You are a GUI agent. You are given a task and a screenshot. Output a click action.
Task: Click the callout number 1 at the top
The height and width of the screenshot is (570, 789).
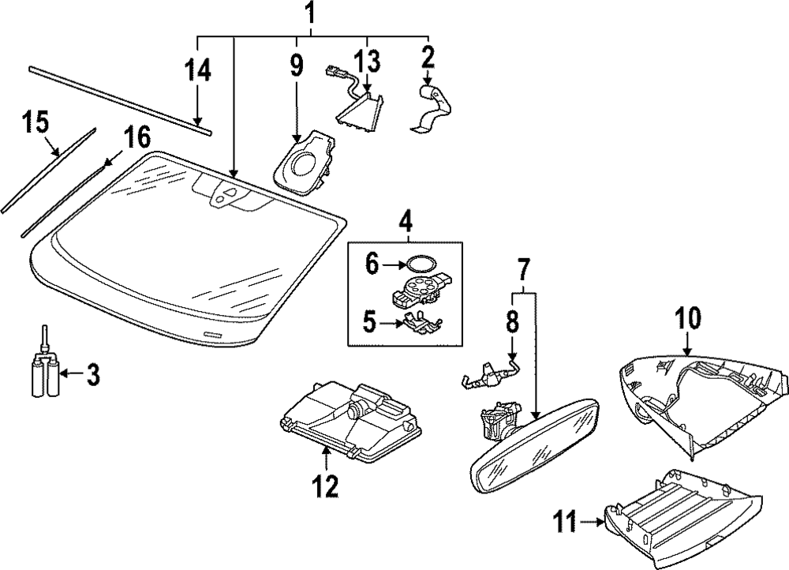[311, 13]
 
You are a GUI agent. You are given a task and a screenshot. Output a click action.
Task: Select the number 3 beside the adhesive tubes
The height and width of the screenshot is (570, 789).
[93, 375]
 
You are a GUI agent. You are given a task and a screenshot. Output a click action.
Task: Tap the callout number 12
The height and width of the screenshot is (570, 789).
[326, 486]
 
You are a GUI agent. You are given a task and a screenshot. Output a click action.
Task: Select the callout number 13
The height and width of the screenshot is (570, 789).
[367, 61]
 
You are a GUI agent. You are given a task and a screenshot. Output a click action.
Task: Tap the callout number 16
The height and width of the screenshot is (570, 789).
[136, 137]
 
